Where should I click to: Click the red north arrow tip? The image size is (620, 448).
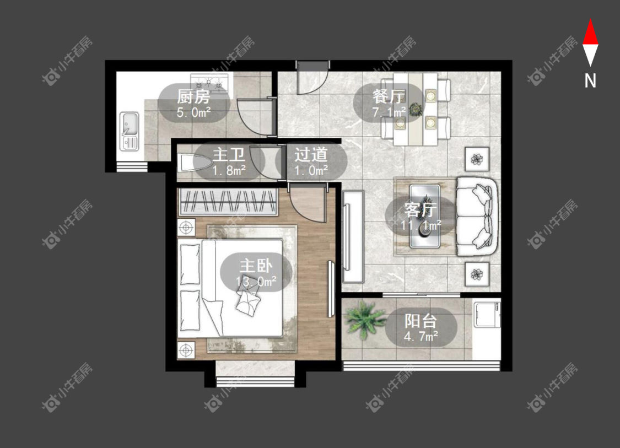coord(590,20)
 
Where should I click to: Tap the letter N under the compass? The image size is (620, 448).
coord(590,81)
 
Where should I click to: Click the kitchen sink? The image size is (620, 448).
coord(130,131)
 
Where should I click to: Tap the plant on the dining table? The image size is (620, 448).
coord(415,109)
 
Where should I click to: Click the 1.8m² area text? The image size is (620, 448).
coord(229,171)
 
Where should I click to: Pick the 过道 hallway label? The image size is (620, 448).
coord(311,154)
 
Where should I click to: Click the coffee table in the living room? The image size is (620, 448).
coord(425,216)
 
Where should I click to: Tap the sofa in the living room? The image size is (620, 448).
coord(477,217)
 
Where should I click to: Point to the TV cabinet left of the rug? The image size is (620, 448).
coord(353,236)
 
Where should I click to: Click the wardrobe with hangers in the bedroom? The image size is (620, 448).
coord(228,202)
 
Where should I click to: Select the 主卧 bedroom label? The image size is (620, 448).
coord(256,266)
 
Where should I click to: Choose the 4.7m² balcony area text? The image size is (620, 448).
coord(420,337)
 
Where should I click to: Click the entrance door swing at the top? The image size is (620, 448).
coord(312,78)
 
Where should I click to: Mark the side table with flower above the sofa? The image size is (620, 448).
coord(477,159)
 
